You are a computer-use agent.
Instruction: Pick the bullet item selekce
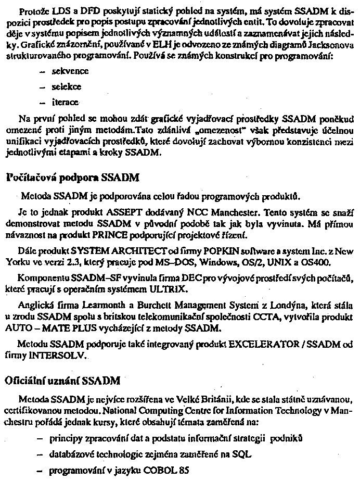tap(67, 86)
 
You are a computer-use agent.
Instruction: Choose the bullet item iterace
tap(65, 102)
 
